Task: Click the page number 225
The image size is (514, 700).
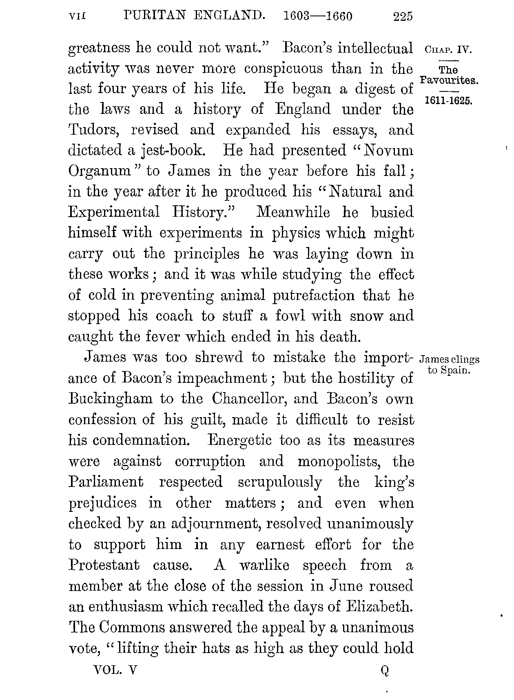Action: pyautogui.click(x=403, y=16)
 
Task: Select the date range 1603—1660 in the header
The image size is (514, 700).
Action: pyautogui.click(x=317, y=16)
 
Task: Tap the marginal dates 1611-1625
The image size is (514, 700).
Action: pyautogui.click(x=448, y=100)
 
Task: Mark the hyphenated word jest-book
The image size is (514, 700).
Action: pyautogui.click(x=168, y=151)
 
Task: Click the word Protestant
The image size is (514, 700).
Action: pyautogui.click(x=104, y=565)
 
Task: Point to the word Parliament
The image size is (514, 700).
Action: pyautogui.click(x=106, y=482)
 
